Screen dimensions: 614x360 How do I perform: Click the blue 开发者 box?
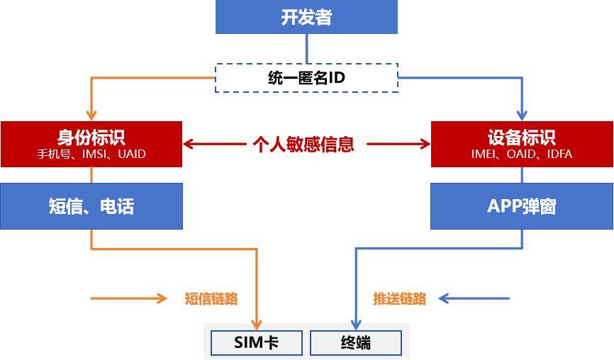coord(306,17)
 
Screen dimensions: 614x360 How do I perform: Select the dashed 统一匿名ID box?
coord(306,78)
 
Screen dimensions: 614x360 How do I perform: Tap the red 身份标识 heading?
coord(91,137)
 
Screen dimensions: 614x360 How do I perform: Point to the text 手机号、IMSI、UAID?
coord(91,154)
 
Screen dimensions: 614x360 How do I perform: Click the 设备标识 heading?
coord(522,137)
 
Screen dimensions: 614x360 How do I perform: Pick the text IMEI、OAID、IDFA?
coord(522,154)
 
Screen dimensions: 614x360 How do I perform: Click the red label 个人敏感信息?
coord(303,144)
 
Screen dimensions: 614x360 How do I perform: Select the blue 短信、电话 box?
coord(91,206)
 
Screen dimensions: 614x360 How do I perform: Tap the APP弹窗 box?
coord(522,206)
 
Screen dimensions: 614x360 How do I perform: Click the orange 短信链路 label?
coord(211,298)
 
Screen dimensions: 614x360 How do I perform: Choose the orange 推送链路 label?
coord(399,298)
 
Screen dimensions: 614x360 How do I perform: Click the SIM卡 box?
coord(257,343)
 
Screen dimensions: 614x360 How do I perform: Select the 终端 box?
coord(356,343)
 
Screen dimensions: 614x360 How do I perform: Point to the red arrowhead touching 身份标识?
coord(188,144)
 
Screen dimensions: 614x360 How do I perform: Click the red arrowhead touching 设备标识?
coord(425,144)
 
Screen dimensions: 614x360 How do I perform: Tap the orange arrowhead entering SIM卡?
coord(257,325)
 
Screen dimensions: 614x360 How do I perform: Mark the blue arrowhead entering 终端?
coord(356,325)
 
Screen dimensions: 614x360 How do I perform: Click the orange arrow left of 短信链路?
coord(129,298)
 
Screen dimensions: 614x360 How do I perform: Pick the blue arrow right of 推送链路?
coord(474,298)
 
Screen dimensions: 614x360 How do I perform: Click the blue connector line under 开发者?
coord(306,48)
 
